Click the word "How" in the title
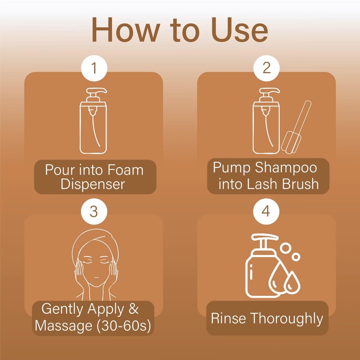pos(126,30)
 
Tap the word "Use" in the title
pos(239,30)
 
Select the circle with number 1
pos(94,68)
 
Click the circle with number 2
pos(266,68)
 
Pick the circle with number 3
pos(94,211)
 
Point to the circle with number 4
pos(266,211)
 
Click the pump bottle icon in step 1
pos(93,121)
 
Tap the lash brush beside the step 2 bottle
pos(296,127)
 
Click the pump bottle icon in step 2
pos(266,121)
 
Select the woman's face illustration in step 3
pos(96,264)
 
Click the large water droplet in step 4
pos(278,278)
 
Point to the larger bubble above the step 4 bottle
pos(285,248)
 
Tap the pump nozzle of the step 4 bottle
pos(265,238)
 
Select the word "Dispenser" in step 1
pos(93,184)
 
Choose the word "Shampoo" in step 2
pos(286,168)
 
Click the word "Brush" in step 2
pos(301,184)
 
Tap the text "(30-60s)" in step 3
pos(124,326)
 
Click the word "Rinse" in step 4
pos(228,318)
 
